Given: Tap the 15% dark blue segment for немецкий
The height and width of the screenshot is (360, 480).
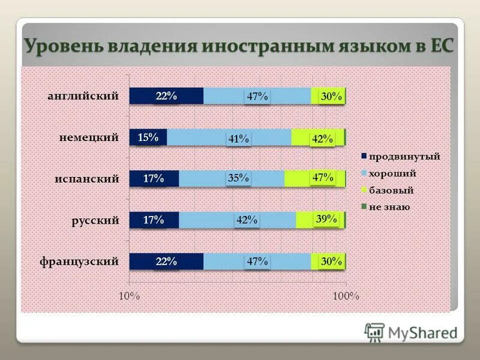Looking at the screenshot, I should (x=148, y=137).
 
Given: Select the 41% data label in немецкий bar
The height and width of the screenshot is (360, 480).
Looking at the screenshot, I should (x=238, y=139).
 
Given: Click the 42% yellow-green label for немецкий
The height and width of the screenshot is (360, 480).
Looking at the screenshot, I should (x=322, y=139).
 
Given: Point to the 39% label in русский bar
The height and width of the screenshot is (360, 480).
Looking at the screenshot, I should (x=326, y=220).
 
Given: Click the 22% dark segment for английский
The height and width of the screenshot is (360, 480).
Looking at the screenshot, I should (x=166, y=96).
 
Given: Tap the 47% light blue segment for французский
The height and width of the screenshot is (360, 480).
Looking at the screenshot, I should (x=257, y=262).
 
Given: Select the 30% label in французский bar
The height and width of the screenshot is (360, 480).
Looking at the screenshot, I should (x=331, y=261).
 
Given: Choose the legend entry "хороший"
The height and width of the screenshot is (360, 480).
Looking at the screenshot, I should (x=393, y=173).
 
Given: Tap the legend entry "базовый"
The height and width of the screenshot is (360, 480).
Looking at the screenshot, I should (x=391, y=190).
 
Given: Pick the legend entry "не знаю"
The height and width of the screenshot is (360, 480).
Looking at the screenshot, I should (x=389, y=207).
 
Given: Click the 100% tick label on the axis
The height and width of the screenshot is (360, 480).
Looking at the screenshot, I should (x=346, y=296).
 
